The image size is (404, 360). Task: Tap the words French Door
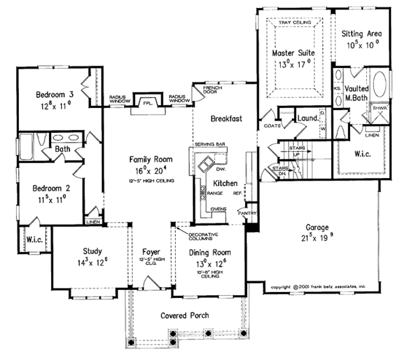[x=203, y=91]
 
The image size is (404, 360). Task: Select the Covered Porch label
[x=184, y=316]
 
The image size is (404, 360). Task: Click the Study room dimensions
[x=92, y=264]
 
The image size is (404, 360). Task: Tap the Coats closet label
[x=272, y=125]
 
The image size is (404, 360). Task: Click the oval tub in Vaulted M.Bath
[x=381, y=86]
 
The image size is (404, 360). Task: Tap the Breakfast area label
[x=226, y=119]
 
